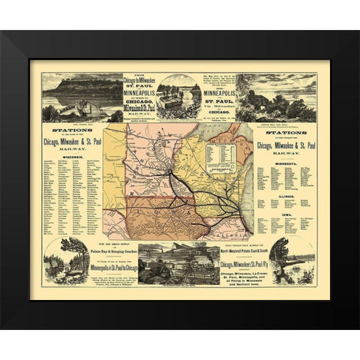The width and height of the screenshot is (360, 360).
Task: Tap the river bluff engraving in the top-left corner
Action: [x=81, y=96]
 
